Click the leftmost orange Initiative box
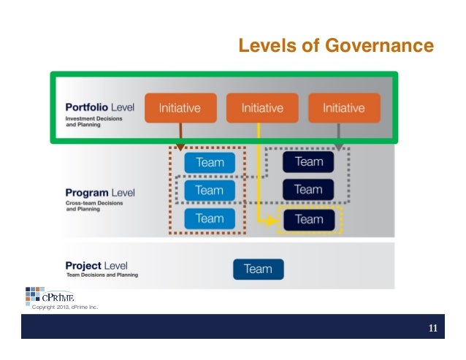tap(180, 108)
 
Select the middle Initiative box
tap(262, 108)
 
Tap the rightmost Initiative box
tap(344, 108)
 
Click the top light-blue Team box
tap(210, 162)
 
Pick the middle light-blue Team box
tap(210, 191)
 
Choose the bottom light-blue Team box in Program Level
tap(210, 218)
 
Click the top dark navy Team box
tap(308, 161)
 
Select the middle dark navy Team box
tap(308, 190)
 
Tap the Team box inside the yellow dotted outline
tap(308, 219)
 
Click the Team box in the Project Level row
tap(258, 269)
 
